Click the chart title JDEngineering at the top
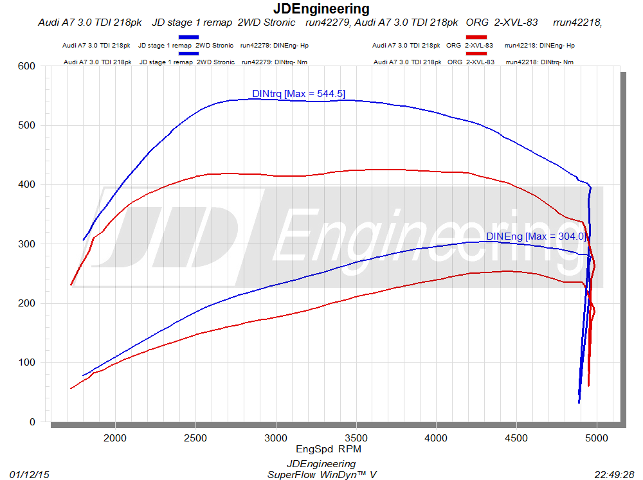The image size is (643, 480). tap(321, 9)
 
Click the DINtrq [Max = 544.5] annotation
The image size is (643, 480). tap(298, 94)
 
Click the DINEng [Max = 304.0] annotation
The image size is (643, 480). tap(536, 236)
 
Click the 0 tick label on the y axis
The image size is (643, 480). tap(31, 422)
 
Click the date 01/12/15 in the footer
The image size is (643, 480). tap(30, 474)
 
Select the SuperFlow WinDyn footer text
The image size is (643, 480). tap(321, 474)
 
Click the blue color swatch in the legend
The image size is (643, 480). tap(188, 37)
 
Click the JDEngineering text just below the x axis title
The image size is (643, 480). tap(321, 464)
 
